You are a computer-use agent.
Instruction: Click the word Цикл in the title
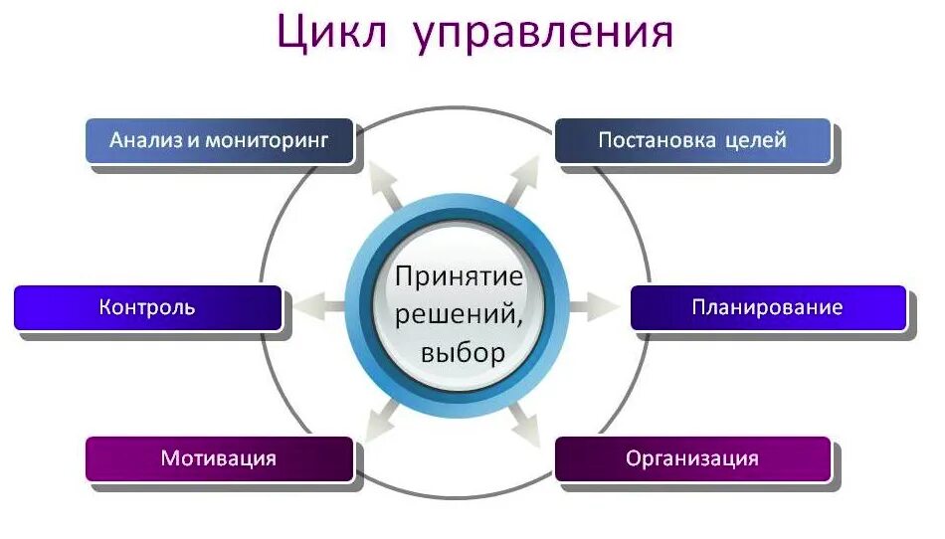330,32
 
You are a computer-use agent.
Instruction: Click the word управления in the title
542,34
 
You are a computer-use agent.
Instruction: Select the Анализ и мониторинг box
220,140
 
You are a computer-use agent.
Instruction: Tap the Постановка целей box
692,140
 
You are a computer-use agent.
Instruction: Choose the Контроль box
147,307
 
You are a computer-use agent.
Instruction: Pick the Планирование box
768,307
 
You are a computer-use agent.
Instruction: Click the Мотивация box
219,458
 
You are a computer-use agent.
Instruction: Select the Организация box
692,458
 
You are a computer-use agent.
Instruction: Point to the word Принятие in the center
459,275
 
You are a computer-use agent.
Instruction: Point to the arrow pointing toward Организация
523,423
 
